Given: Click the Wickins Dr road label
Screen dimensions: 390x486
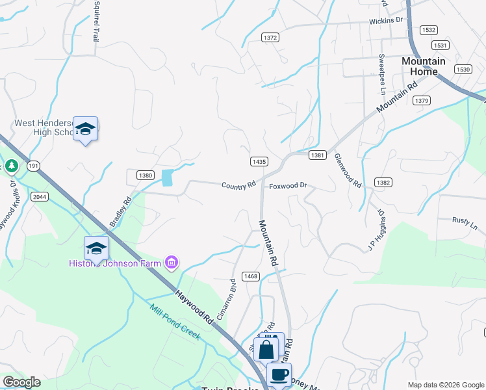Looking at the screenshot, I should click(x=386, y=21).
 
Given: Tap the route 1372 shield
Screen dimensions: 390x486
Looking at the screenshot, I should click(x=270, y=38).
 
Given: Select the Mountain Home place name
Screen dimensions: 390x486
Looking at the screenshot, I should click(x=424, y=66).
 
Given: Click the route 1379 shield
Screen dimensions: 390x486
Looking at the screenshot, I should click(x=422, y=100).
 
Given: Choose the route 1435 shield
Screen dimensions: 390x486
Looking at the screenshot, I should click(x=259, y=161).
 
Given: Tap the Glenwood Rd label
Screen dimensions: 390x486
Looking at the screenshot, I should click(x=348, y=170).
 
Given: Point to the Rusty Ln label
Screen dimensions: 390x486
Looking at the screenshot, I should click(x=465, y=224).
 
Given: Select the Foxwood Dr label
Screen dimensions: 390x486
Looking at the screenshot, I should click(x=288, y=186).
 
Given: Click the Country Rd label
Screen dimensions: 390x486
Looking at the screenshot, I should click(x=238, y=186).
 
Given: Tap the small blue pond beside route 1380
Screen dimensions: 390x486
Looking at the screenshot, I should click(x=167, y=177).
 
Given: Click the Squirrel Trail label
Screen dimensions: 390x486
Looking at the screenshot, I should click(x=96, y=21).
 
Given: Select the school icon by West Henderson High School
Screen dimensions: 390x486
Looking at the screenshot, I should click(x=85, y=129).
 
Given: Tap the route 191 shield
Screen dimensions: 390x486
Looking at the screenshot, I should click(x=34, y=166).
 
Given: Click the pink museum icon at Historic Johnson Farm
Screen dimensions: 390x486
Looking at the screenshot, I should click(x=172, y=263).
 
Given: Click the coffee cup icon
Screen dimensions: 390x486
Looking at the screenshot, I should click(x=279, y=374).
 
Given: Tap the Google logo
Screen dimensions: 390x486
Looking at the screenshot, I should click(x=21, y=382).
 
